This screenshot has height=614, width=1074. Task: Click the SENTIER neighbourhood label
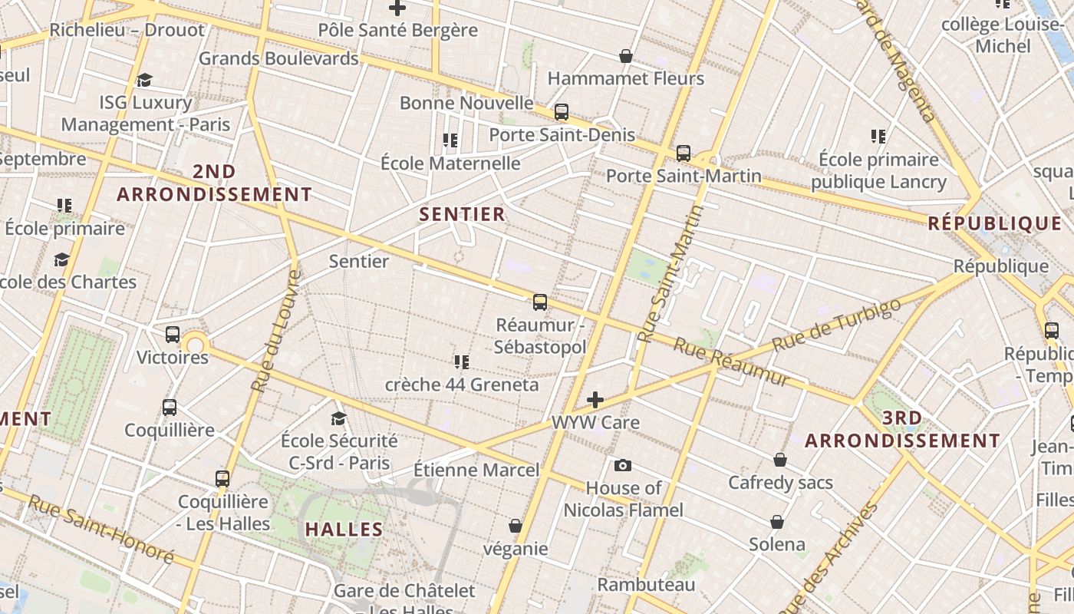coord(463,214)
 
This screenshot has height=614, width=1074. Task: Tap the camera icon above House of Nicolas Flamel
coord(623,465)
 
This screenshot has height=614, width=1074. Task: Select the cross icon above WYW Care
coord(595,400)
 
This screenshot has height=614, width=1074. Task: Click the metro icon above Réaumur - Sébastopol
coord(540,302)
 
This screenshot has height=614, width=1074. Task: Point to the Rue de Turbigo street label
coord(836,325)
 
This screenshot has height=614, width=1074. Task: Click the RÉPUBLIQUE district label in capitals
coord(994,223)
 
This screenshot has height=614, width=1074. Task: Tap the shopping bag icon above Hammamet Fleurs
coord(626,56)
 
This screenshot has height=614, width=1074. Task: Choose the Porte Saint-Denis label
coord(562,135)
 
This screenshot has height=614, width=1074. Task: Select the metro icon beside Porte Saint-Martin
coord(684,153)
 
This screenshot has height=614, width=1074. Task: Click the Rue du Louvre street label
coord(274,332)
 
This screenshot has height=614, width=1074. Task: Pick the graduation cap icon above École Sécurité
coord(338,418)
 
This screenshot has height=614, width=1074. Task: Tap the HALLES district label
coord(344,529)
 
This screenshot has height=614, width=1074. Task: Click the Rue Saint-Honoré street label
coord(101,530)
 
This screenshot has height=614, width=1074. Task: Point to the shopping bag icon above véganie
coord(516,526)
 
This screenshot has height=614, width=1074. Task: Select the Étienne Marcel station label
coord(476,470)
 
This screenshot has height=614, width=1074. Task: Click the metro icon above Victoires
coord(173,335)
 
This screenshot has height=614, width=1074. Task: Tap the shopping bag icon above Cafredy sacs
coord(780,460)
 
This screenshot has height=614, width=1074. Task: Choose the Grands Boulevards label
coord(278,58)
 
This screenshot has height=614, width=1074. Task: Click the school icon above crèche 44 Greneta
coord(462,361)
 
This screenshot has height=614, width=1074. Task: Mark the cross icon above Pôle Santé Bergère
coord(397,8)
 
